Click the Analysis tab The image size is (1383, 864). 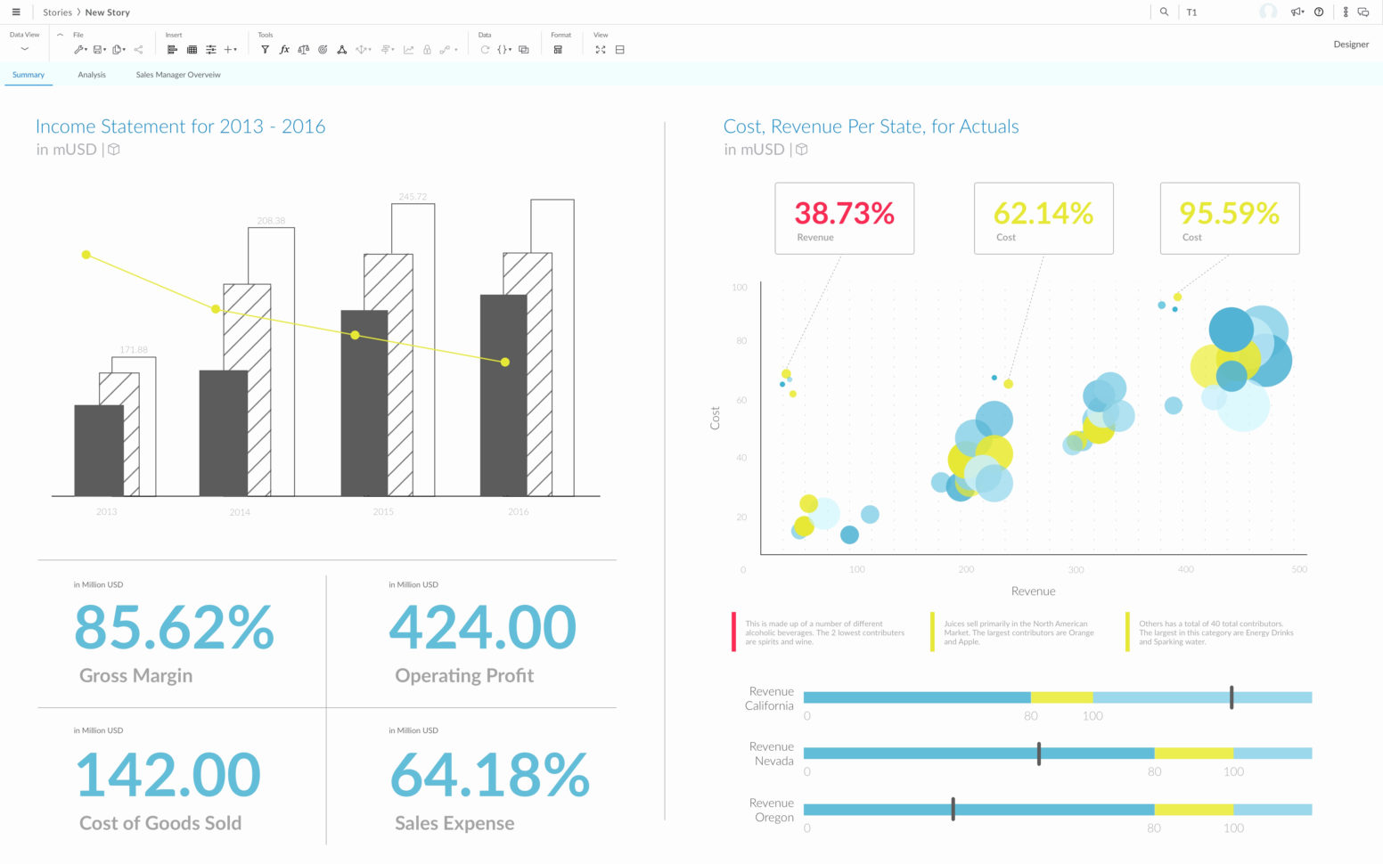[x=92, y=75]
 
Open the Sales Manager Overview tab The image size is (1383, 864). [x=178, y=75]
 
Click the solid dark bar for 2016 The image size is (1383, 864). [x=503, y=395]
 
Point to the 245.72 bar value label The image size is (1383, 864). [x=413, y=197]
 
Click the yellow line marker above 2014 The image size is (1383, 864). [x=216, y=309]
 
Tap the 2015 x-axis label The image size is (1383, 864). [x=383, y=512]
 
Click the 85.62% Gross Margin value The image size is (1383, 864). [x=174, y=627]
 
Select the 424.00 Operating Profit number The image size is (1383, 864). [x=482, y=627]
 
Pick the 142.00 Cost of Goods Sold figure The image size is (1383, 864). [x=168, y=775]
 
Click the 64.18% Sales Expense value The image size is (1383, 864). [x=489, y=775]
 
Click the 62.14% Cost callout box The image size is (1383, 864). [x=1043, y=218]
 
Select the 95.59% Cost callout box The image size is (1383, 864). [x=1229, y=218]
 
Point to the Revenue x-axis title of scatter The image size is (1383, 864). [x=1033, y=591]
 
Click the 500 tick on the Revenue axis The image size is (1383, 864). [x=1299, y=569]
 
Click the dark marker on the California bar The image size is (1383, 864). [x=1232, y=697]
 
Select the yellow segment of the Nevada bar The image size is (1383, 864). [x=1193, y=754]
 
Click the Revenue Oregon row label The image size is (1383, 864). [x=773, y=810]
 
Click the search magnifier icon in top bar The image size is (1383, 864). [x=1164, y=12]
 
